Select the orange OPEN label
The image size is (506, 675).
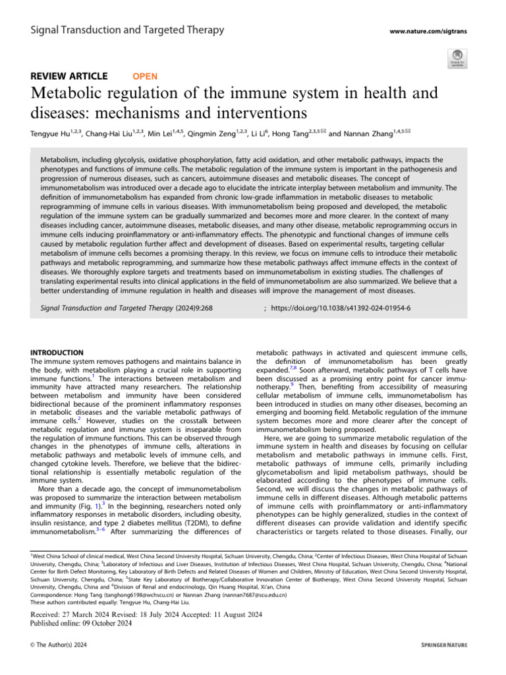coord(145,76)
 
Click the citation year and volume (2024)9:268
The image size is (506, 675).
coord(192,307)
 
